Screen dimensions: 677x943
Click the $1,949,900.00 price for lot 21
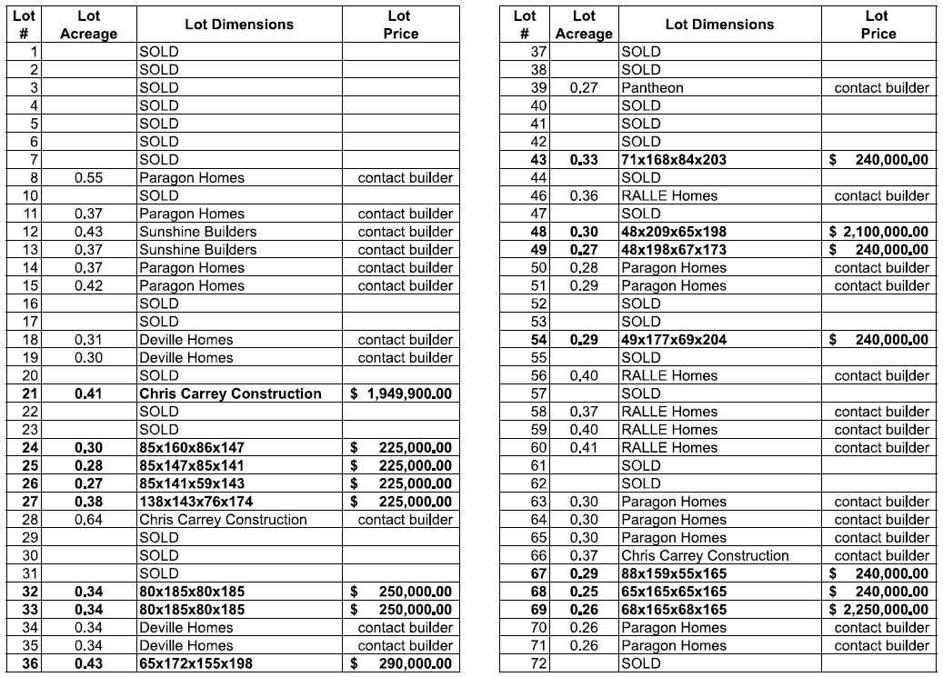point(400,393)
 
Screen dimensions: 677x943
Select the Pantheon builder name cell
point(652,88)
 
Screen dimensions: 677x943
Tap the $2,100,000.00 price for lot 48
point(878,232)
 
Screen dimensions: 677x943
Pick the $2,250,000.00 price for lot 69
point(878,610)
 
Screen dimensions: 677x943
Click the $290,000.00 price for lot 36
point(401,663)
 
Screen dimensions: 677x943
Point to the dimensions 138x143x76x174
point(196,502)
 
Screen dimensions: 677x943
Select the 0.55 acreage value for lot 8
point(89,178)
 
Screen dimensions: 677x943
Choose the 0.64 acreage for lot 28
point(89,520)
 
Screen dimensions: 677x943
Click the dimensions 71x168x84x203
point(674,160)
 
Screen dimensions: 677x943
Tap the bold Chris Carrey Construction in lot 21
point(230,393)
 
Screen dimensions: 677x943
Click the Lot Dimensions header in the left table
point(239,25)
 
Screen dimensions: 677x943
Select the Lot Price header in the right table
point(878,25)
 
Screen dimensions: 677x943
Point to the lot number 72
point(538,663)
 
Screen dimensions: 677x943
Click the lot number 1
point(35,52)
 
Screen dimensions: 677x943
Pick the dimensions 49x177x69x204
point(674,340)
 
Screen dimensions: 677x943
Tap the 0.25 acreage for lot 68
point(584,592)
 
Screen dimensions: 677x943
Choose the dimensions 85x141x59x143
point(192,483)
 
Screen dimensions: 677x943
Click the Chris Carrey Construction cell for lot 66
point(705,555)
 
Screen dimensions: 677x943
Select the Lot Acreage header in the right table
point(584,25)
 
